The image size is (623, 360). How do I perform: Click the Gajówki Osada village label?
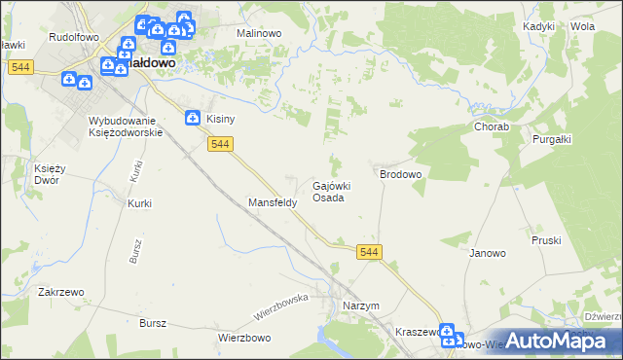(x=330, y=191)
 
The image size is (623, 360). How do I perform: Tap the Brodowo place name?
(x=400, y=174)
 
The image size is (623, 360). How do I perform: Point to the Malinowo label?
(x=259, y=32)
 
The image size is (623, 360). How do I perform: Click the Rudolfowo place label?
(x=70, y=36)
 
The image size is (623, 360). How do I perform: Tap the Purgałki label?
(x=551, y=139)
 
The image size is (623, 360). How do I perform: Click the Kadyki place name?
(x=538, y=26)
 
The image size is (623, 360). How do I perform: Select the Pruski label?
(x=547, y=239)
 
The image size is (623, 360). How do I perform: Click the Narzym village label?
(x=360, y=306)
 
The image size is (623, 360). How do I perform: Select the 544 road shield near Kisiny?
(x=220, y=144)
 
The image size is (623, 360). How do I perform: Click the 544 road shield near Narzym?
(x=369, y=252)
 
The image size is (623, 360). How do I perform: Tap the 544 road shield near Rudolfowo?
(x=20, y=67)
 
